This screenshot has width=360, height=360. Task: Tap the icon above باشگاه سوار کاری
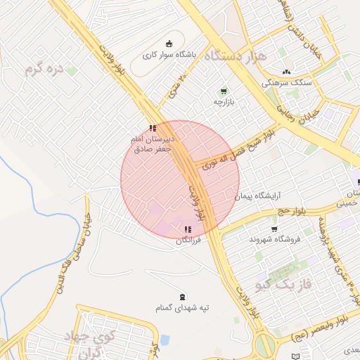pos(169,44)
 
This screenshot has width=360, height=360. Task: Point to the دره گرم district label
pos(44,69)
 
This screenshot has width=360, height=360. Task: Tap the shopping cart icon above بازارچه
pos(224,91)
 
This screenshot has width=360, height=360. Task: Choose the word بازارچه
pos(229,103)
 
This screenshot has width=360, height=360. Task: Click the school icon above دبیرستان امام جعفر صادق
pos(153,128)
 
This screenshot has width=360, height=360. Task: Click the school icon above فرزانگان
pos(188,229)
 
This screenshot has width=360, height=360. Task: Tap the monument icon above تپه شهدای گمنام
pos(184,297)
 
